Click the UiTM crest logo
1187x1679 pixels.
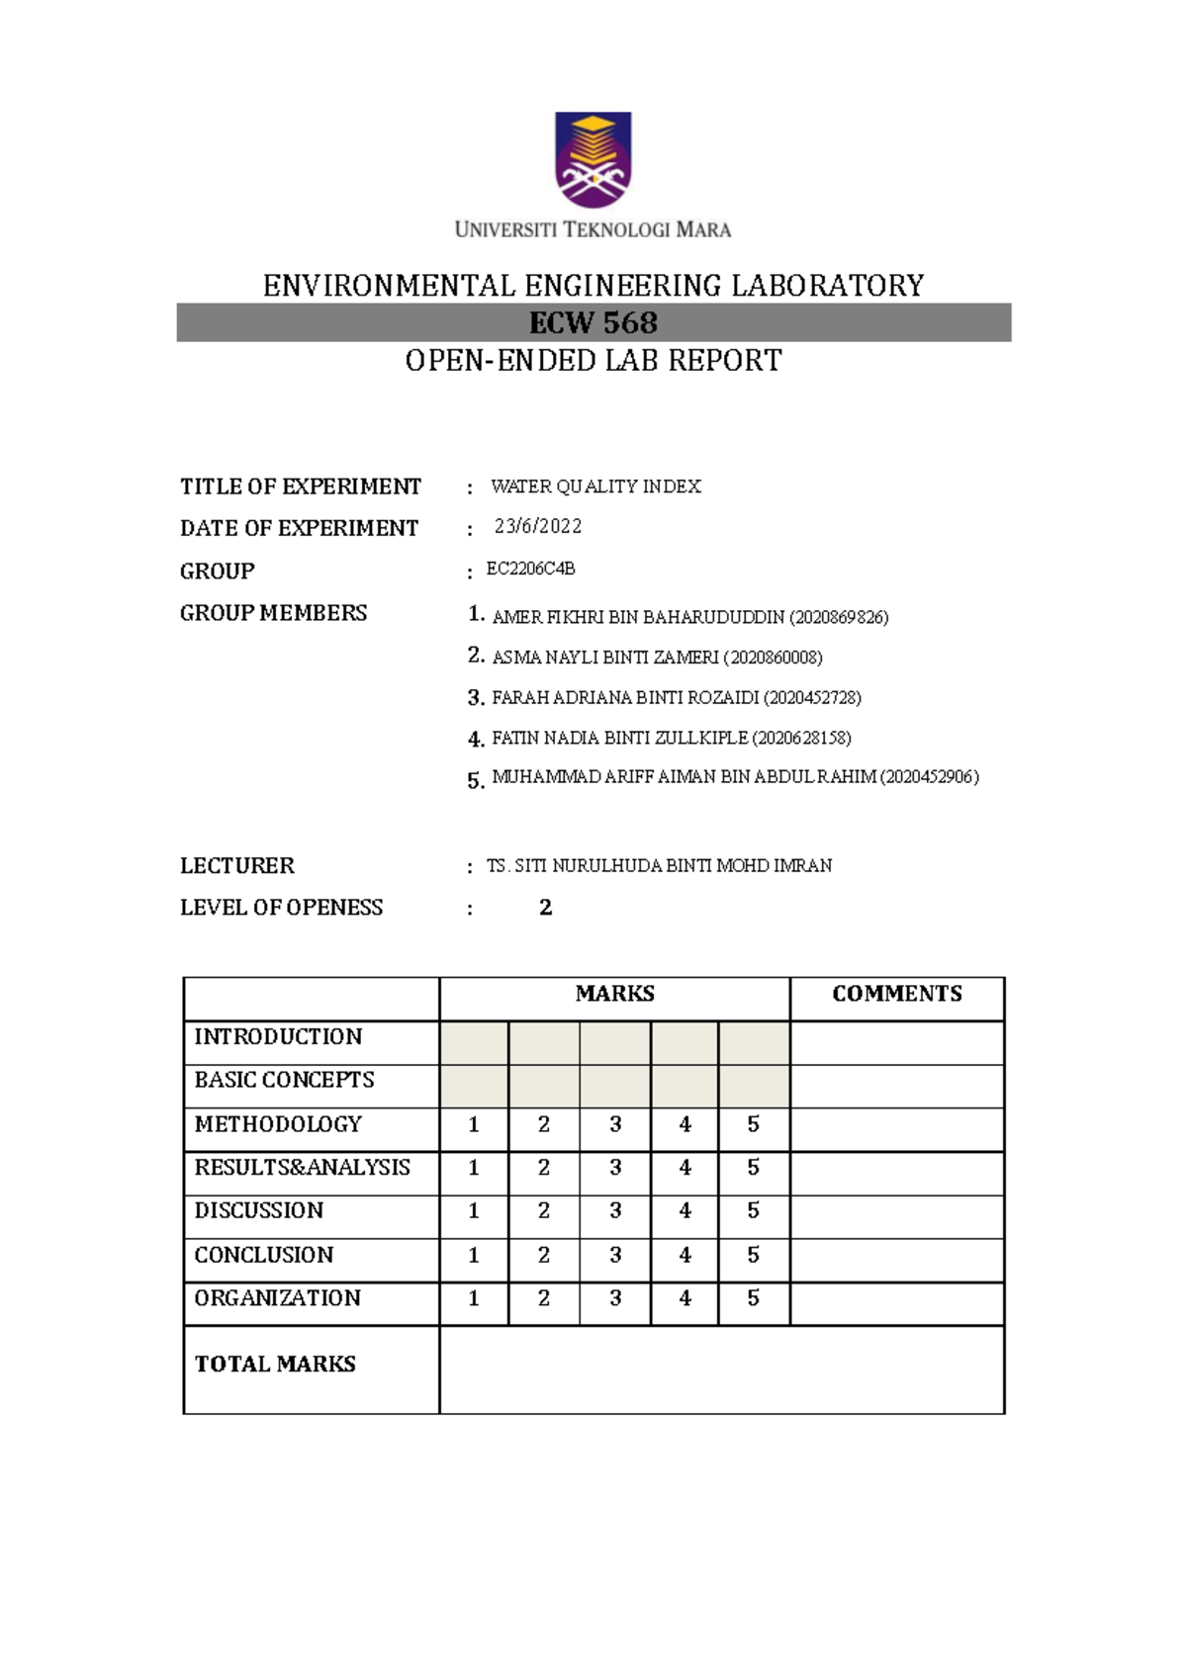[593, 159]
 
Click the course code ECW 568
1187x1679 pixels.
[593, 323]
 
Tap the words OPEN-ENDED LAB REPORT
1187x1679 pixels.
[593, 361]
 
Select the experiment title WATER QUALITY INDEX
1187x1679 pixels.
[595, 486]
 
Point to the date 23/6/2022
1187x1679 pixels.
[538, 526]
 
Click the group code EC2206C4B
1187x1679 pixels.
[530, 570]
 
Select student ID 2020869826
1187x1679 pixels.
[839, 618]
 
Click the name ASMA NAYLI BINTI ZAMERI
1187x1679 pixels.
[604, 658]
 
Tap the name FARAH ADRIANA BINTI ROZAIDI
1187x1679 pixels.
[624, 698]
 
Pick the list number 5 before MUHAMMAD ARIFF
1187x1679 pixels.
[475, 781]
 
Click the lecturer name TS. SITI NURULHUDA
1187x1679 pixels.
[659, 866]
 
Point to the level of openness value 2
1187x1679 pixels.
[545, 908]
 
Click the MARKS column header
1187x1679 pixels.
[614, 994]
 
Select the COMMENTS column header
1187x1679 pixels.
[896, 994]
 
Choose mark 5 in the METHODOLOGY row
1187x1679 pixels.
[753, 1124]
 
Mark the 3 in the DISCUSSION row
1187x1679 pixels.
[615, 1210]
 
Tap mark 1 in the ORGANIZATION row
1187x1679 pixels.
[474, 1298]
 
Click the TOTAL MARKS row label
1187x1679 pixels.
[275, 1365]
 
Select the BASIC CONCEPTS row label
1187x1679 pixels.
[284, 1080]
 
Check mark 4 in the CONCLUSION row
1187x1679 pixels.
[685, 1255]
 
